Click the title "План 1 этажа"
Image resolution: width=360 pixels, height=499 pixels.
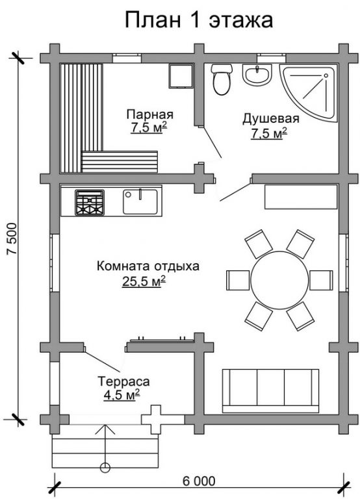click(x=199, y=19)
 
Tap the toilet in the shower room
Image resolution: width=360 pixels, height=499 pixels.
click(x=221, y=79)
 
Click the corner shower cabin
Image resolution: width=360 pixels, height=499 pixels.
click(x=309, y=93)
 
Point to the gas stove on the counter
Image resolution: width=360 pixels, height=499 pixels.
click(x=90, y=203)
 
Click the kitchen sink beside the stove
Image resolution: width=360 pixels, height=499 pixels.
click(x=140, y=202)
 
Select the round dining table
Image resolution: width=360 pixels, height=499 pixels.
click(x=279, y=280)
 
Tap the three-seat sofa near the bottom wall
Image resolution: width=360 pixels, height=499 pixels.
click(x=270, y=390)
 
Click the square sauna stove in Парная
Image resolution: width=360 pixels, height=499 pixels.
click(x=181, y=76)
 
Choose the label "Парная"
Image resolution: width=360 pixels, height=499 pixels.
click(x=149, y=114)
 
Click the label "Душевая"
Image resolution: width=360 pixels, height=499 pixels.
click(x=271, y=118)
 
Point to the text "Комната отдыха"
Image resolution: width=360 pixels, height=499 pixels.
click(x=148, y=266)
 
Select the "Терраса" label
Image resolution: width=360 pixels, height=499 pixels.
click(x=123, y=381)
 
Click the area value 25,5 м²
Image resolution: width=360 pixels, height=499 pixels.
click(x=144, y=281)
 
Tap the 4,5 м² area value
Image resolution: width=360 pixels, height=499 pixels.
click(x=122, y=395)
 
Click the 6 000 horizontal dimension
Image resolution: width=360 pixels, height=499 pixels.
click(x=199, y=481)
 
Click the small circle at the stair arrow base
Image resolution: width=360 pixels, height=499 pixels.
click(x=105, y=468)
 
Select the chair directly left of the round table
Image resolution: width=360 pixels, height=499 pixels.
click(x=238, y=280)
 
